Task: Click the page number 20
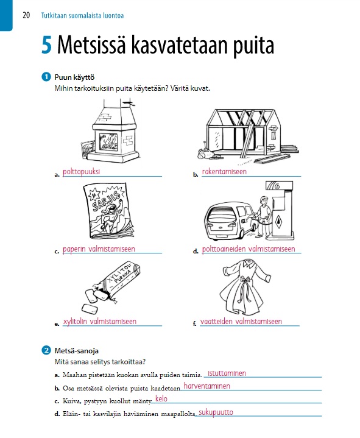(26, 15)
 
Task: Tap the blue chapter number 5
(47, 45)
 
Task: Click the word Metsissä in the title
(91, 44)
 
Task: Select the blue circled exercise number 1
(46, 77)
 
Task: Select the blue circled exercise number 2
(46, 350)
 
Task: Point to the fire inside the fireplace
(108, 142)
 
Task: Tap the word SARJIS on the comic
(107, 201)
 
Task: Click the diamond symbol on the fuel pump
(279, 222)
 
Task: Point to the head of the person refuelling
(263, 200)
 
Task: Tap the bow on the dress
(245, 280)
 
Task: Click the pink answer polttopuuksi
(81, 172)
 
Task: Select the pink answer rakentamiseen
(224, 172)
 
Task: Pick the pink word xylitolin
(75, 322)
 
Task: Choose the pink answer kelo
(161, 398)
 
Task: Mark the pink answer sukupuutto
(216, 412)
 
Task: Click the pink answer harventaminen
(206, 386)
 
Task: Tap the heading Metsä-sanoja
(76, 350)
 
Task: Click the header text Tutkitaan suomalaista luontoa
(82, 15)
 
